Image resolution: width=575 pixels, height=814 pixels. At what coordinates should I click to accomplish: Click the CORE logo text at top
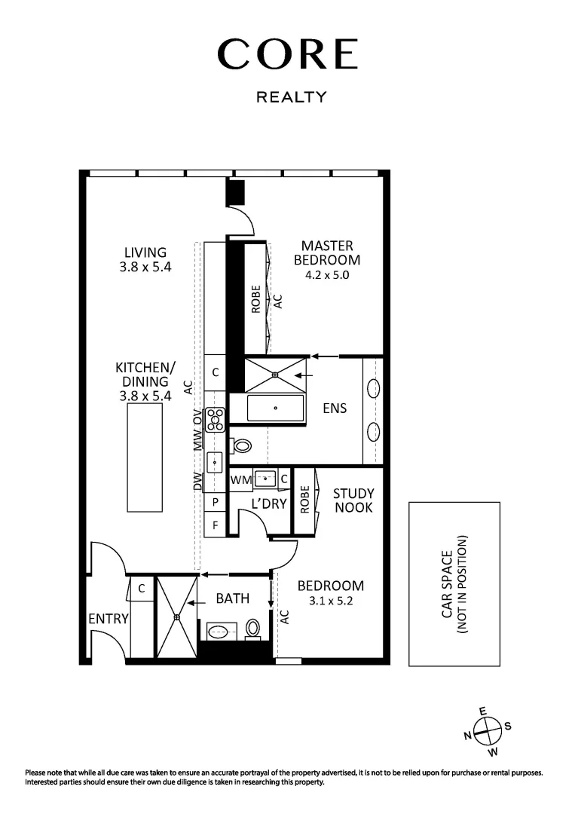click(287, 55)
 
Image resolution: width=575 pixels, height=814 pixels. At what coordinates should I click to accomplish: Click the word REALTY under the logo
click(292, 97)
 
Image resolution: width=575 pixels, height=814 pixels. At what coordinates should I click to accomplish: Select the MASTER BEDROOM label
click(327, 252)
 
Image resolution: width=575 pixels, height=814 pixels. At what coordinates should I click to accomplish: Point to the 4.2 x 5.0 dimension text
click(327, 275)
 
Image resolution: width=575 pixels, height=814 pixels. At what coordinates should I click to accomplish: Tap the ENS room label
click(335, 408)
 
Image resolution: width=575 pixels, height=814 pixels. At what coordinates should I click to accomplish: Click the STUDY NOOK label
click(353, 500)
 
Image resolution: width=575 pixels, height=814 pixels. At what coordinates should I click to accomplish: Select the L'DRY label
click(269, 503)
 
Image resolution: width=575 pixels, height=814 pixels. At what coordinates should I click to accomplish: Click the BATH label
click(232, 598)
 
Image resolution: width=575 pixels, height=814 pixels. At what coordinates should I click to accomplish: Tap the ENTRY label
click(109, 619)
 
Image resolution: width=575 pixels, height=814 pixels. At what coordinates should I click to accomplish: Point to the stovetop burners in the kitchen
click(216, 419)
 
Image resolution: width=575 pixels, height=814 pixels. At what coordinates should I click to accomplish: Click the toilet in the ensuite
click(241, 445)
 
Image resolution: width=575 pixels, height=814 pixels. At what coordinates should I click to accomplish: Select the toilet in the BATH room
click(254, 628)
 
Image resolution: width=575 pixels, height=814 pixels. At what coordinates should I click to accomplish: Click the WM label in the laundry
click(241, 479)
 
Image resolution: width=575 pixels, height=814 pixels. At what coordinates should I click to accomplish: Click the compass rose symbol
click(488, 730)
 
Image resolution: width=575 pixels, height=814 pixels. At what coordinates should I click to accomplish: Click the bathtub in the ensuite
click(276, 408)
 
